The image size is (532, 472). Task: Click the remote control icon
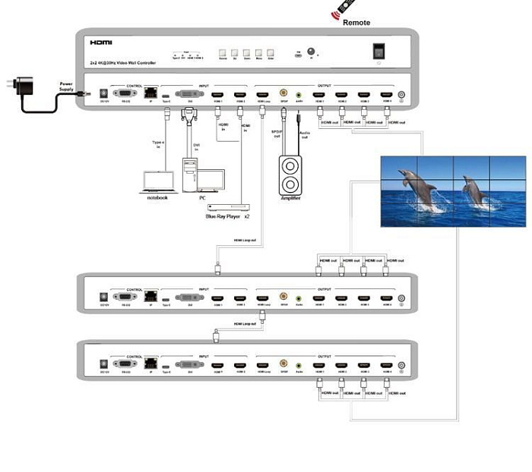point(344,10)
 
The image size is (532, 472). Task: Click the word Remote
point(356,23)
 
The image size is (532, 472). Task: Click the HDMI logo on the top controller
point(101,43)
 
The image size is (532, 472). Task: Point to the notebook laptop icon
point(157,181)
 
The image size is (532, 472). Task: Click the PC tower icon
point(190,173)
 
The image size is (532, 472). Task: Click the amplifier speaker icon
point(290,175)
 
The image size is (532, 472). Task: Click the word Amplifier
point(290,198)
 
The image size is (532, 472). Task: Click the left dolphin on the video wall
point(419,190)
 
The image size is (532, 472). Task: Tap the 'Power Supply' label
point(67,86)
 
